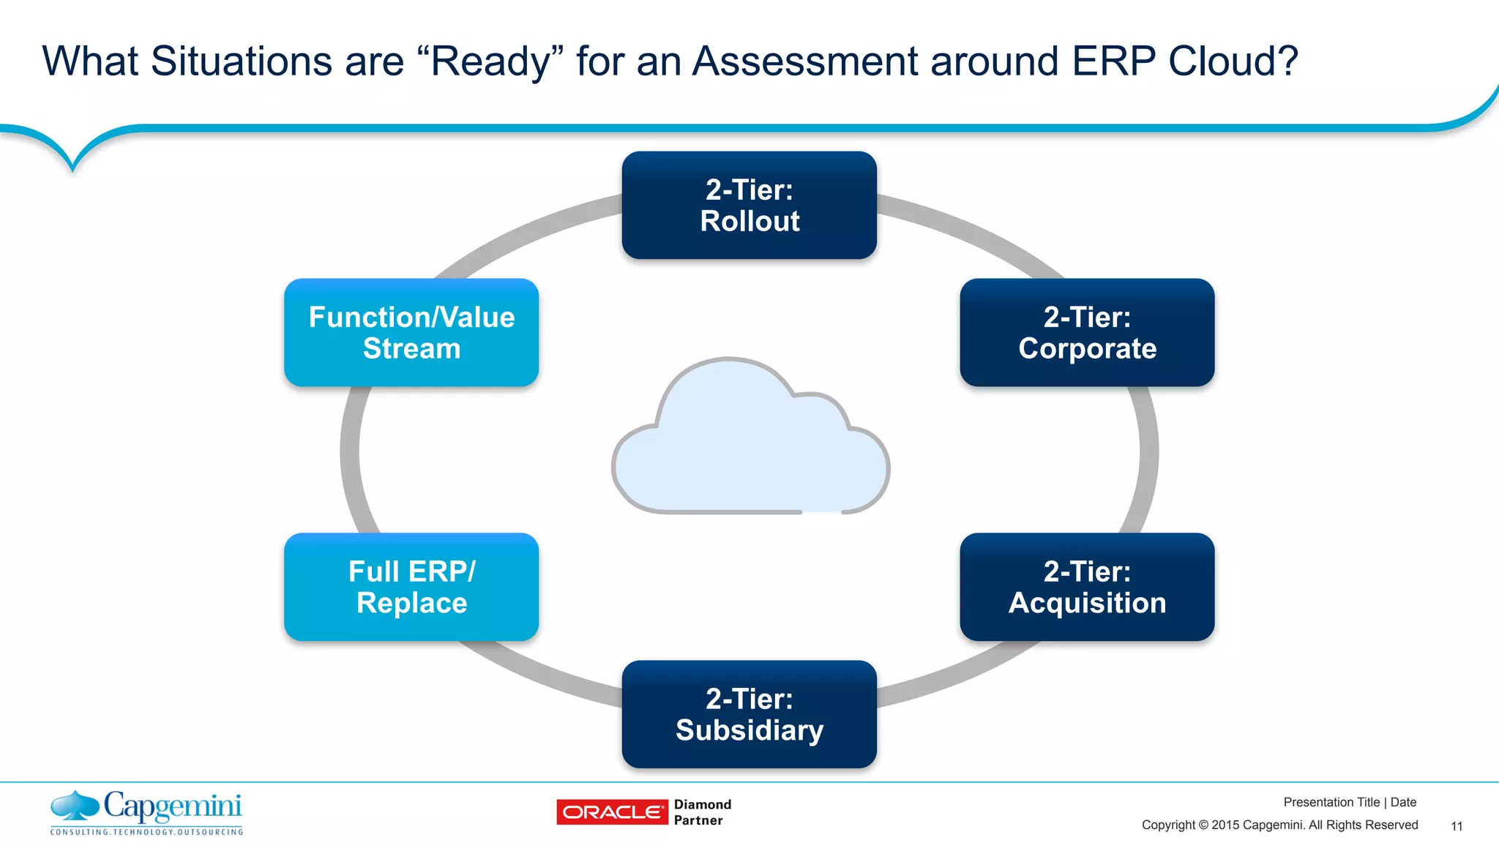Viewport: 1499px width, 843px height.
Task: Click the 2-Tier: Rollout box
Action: click(x=749, y=206)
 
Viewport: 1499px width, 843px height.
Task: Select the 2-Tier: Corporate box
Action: click(x=1087, y=333)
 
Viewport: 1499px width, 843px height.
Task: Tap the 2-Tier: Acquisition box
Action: click(x=1087, y=587)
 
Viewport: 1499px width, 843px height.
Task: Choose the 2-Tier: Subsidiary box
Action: click(x=749, y=714)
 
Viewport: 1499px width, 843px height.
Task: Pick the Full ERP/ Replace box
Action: click(x=411, y=587)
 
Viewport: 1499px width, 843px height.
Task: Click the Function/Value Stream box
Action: click(x=411, y=333)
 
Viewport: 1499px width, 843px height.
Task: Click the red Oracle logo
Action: click(x=612, y=812)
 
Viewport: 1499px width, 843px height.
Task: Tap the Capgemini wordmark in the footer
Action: click(x=173, y=806)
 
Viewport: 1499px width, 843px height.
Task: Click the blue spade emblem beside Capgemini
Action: click(x=74, y=806)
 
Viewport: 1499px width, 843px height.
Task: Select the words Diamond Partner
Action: click(x=702, y=812)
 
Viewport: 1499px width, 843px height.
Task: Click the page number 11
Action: click(x=1457, y=826)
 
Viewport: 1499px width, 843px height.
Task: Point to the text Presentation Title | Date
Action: click(x=1350, y=802)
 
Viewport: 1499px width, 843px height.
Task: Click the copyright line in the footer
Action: click(x=1279, y=825)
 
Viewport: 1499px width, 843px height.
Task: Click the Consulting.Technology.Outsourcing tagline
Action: click(x=146, y=832)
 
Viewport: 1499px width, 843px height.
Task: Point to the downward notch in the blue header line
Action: click(x=72, y=165)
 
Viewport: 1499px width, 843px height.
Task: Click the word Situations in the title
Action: click(x=241, y=61)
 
